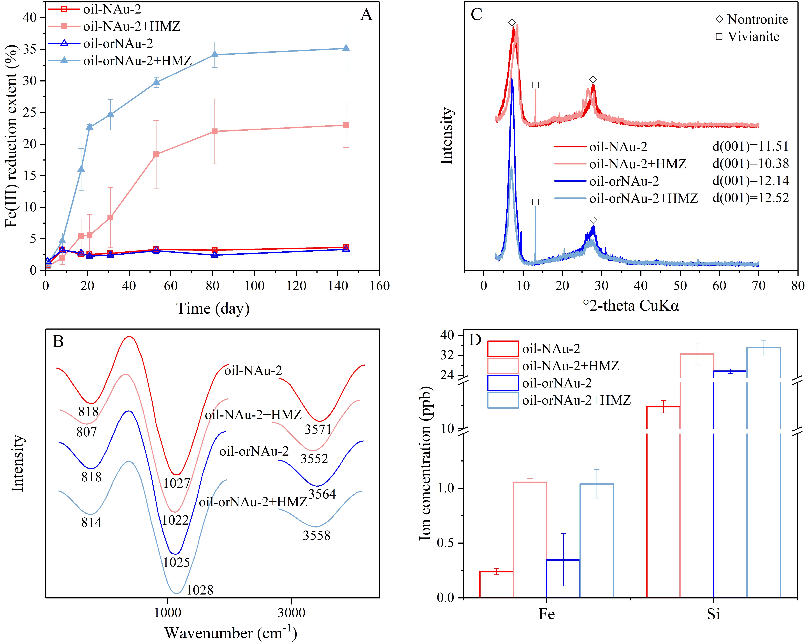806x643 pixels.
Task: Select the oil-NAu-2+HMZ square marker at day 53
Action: coord(156,154)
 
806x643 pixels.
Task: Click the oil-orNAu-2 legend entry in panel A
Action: coord(118,44)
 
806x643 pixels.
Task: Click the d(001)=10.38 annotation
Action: coord(750,164)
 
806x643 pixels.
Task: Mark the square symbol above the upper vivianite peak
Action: coord(535,85)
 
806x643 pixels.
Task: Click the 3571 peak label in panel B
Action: coord(318,429)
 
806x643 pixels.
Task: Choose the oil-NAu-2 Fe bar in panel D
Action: coord(496,584)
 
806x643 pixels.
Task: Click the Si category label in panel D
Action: coord(713,614)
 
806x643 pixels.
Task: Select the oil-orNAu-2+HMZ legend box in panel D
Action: coord(503,400)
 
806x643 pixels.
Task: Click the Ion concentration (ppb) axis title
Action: coord(425,463)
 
